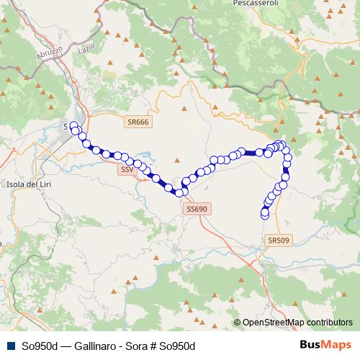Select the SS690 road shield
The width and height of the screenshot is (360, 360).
(196, 209)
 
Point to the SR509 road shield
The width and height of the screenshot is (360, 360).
(276, 240)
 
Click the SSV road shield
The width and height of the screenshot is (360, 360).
(127, 169)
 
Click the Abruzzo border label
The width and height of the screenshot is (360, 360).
(47, 52)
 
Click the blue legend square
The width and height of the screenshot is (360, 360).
(9, 346)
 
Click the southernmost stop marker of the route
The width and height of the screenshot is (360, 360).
(264, 215)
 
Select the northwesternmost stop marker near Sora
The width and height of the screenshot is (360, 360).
(73, 125)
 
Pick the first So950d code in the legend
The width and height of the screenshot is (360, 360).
(40, 346)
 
